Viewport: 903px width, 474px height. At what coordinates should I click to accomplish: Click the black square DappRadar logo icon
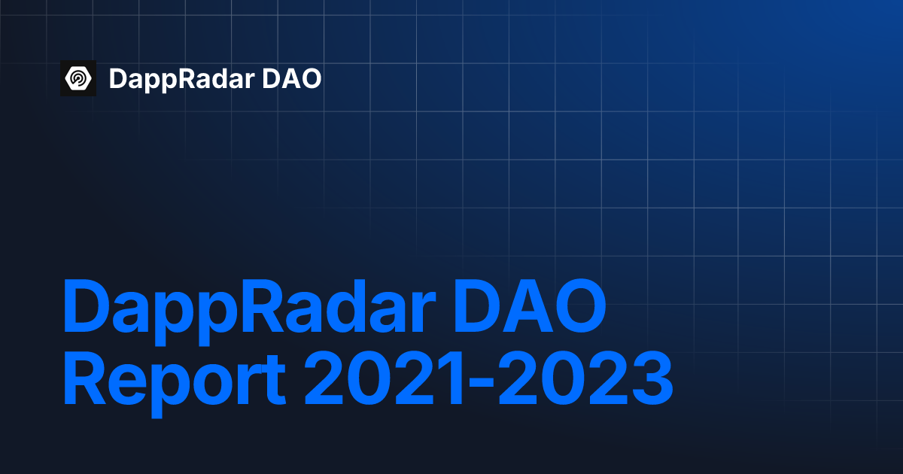pos(78,77)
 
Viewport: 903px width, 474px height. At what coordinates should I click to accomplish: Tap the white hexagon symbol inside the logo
pos(78,77)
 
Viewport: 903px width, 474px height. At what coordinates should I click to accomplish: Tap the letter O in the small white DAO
pos(309,78)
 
